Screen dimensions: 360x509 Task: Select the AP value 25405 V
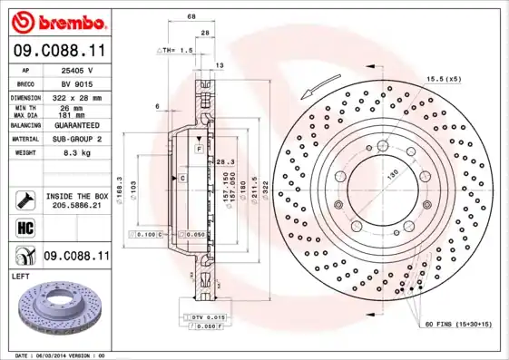(x=78, y=69)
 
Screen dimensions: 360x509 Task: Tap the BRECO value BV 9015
(x=78, y=82)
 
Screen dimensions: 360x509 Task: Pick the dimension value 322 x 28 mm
(x=78, y=96)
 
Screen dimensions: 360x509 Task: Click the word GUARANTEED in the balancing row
(x=78, y=125)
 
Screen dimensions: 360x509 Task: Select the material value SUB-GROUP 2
(x=78, y=140)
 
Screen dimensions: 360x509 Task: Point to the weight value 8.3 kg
(x=78, y=154)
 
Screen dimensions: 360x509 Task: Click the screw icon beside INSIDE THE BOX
(x=24, y=199)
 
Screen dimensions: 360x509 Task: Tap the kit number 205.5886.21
(x=78, y=207)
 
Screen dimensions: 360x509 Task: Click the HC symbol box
(x=24, y=229)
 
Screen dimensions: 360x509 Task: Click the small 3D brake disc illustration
(x=54, y=308)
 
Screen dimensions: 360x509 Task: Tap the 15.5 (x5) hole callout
(x=445, y=80)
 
